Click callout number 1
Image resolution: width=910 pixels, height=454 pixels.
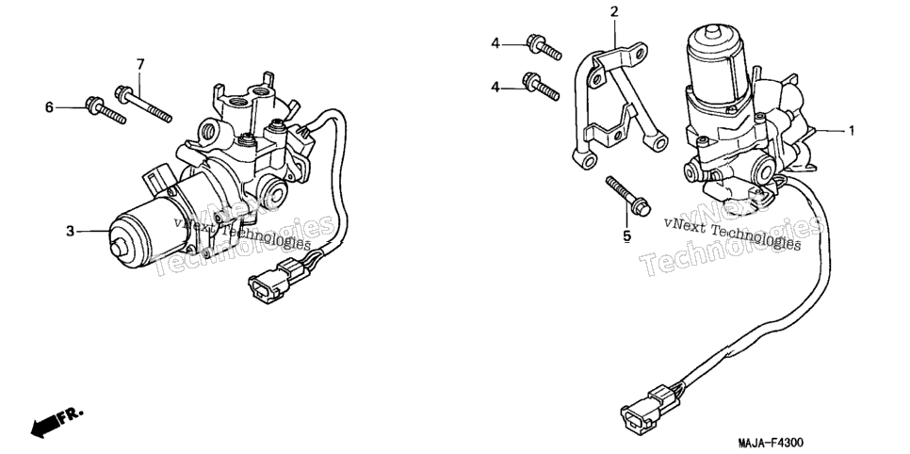852,131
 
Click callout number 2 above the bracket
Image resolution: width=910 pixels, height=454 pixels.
614,11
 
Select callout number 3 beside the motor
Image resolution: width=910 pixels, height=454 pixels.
71,232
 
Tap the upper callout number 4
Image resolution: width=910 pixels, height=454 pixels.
496,43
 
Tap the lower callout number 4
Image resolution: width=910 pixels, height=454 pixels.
496,87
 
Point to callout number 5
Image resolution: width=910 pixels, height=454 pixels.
626,235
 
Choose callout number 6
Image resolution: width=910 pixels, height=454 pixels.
49,106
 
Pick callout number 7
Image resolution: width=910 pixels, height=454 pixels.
139,64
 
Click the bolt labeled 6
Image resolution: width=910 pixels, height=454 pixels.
106,110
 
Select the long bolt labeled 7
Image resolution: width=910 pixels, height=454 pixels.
144,104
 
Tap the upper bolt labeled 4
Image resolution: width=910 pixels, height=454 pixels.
544,48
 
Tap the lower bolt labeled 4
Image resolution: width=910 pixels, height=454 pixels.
541,87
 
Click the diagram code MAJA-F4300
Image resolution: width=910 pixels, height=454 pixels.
771,443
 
